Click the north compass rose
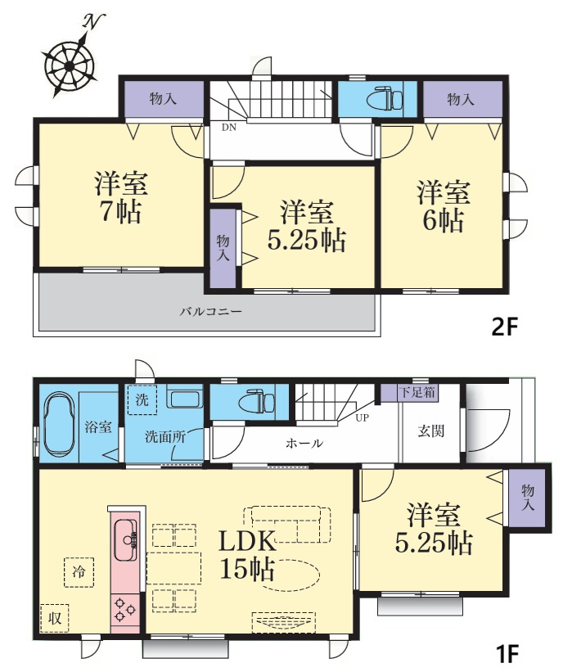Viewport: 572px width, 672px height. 70,65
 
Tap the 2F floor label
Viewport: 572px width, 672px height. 504,327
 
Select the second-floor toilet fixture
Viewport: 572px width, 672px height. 385,99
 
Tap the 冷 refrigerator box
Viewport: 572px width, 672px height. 79,571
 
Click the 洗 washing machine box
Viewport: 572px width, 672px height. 142,400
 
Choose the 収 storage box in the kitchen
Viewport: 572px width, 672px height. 54,618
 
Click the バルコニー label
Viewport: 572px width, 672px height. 211,312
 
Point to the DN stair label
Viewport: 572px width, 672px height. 229,128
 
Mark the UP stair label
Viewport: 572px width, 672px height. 362,417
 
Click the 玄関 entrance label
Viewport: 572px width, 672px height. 431,431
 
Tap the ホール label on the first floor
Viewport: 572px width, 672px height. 304,443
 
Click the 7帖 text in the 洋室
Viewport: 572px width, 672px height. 121,211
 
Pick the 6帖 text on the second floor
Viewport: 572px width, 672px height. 444,220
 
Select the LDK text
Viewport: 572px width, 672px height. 247,541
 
